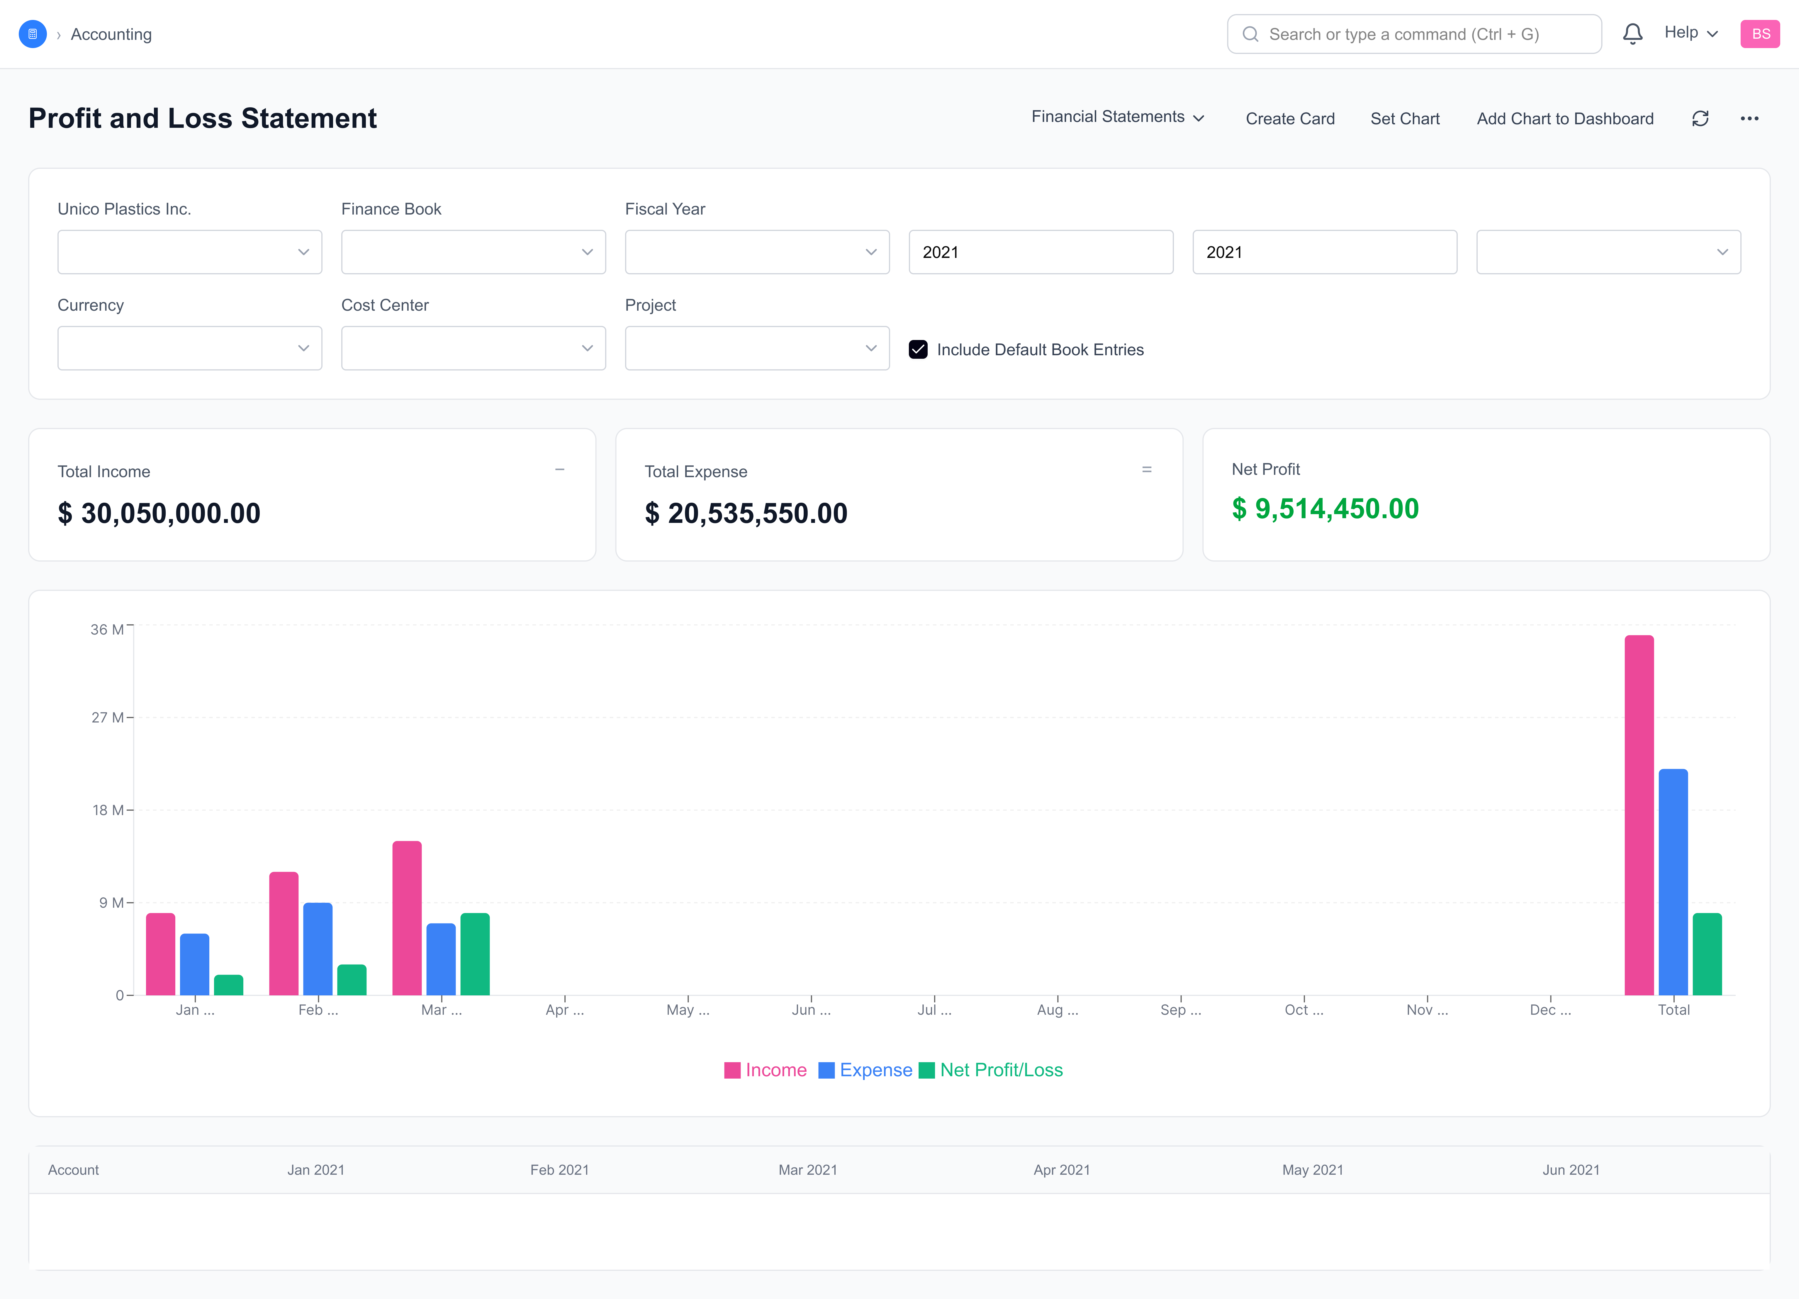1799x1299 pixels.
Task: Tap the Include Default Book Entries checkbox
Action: click(918, 350)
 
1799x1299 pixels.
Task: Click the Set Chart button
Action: click(1405, 119)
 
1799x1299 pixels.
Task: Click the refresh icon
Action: click(1700, 119)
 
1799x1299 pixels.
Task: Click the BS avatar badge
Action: click(1760, 34)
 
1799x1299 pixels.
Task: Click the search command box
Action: click(1413, 34)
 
